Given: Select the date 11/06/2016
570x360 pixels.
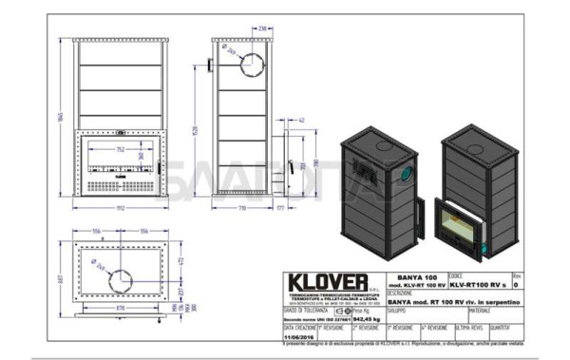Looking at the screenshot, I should tap(301, 335).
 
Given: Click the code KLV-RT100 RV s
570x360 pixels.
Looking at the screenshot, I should tap(480, 284).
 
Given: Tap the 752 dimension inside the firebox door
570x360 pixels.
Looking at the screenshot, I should tap(120, 149).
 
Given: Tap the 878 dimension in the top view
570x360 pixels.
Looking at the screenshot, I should tap(120, 308).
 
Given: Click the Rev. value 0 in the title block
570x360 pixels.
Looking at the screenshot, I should tap(516, 284).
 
